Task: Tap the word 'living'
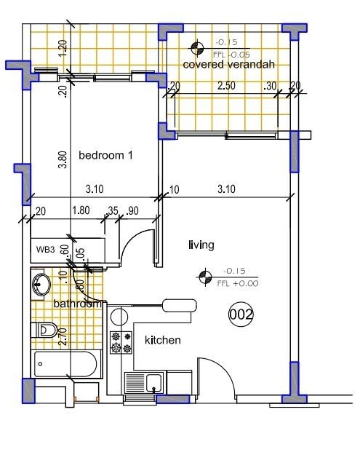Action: click(201, 245)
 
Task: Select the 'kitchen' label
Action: click(163, 340)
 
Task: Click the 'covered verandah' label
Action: click(228, 65)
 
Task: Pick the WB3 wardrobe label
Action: click(46, 249)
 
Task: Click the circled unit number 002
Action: click(241, 314)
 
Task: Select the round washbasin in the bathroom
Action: click(41, 285)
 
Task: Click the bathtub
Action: click(65, 363)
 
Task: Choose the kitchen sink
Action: click(153, 381)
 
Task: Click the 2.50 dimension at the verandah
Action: click(227, 86)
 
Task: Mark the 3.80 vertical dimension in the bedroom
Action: click(63, 159)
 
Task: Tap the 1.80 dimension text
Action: click(81, 211)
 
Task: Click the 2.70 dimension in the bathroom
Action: click(63, 336)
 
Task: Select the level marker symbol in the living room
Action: click(206, 276)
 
